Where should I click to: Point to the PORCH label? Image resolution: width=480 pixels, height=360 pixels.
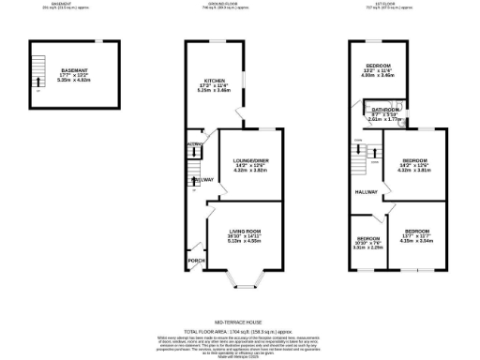click(196, 261)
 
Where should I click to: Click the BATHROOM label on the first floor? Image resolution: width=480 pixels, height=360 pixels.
click(384, 111)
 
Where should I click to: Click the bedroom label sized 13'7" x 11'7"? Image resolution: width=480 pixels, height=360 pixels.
click(417, 231)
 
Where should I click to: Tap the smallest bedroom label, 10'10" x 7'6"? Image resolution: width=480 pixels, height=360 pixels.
click(367, 238)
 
